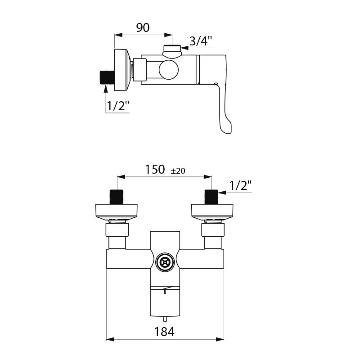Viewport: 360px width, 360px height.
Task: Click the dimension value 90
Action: (143, 27)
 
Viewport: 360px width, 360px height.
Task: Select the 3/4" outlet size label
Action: (200, 41)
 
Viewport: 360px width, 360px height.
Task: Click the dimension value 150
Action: (155, 170)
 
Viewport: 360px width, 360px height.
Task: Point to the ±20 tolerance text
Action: (178, 171)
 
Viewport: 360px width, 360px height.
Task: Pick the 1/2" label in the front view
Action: (240, 185)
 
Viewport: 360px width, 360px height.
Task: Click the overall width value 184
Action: (164, 332)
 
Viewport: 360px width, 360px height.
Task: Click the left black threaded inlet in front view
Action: (117, 197)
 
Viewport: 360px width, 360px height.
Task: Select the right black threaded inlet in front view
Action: (211, 197)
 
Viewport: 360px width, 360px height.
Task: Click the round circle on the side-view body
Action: (169, 71)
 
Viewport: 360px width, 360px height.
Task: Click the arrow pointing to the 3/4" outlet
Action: (184, 47)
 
